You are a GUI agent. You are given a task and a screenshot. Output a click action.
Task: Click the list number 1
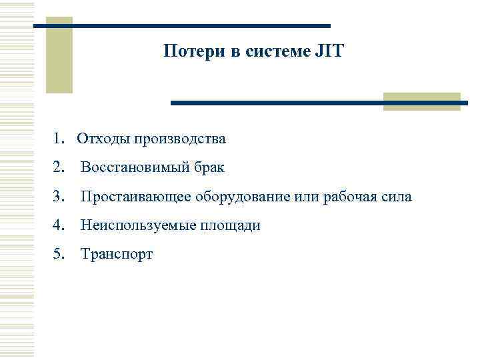click(x=60, y=139)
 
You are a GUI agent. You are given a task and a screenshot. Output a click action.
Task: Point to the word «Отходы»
click(x=103, y=139)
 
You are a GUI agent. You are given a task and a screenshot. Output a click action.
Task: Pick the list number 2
click(x=60, y=168)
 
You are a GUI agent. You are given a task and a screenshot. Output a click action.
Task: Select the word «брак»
click(x=209, y=168)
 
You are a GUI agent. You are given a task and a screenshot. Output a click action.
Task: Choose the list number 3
click(x=60, y=197)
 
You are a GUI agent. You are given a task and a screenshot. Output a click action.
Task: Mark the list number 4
click(x=60, y=226)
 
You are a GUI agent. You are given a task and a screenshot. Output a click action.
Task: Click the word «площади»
click(x=233, y=226)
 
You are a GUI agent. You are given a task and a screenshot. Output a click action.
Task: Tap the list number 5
click(x=60, y=255)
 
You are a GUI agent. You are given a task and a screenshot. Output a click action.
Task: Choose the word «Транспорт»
click(x=117, y=255)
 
